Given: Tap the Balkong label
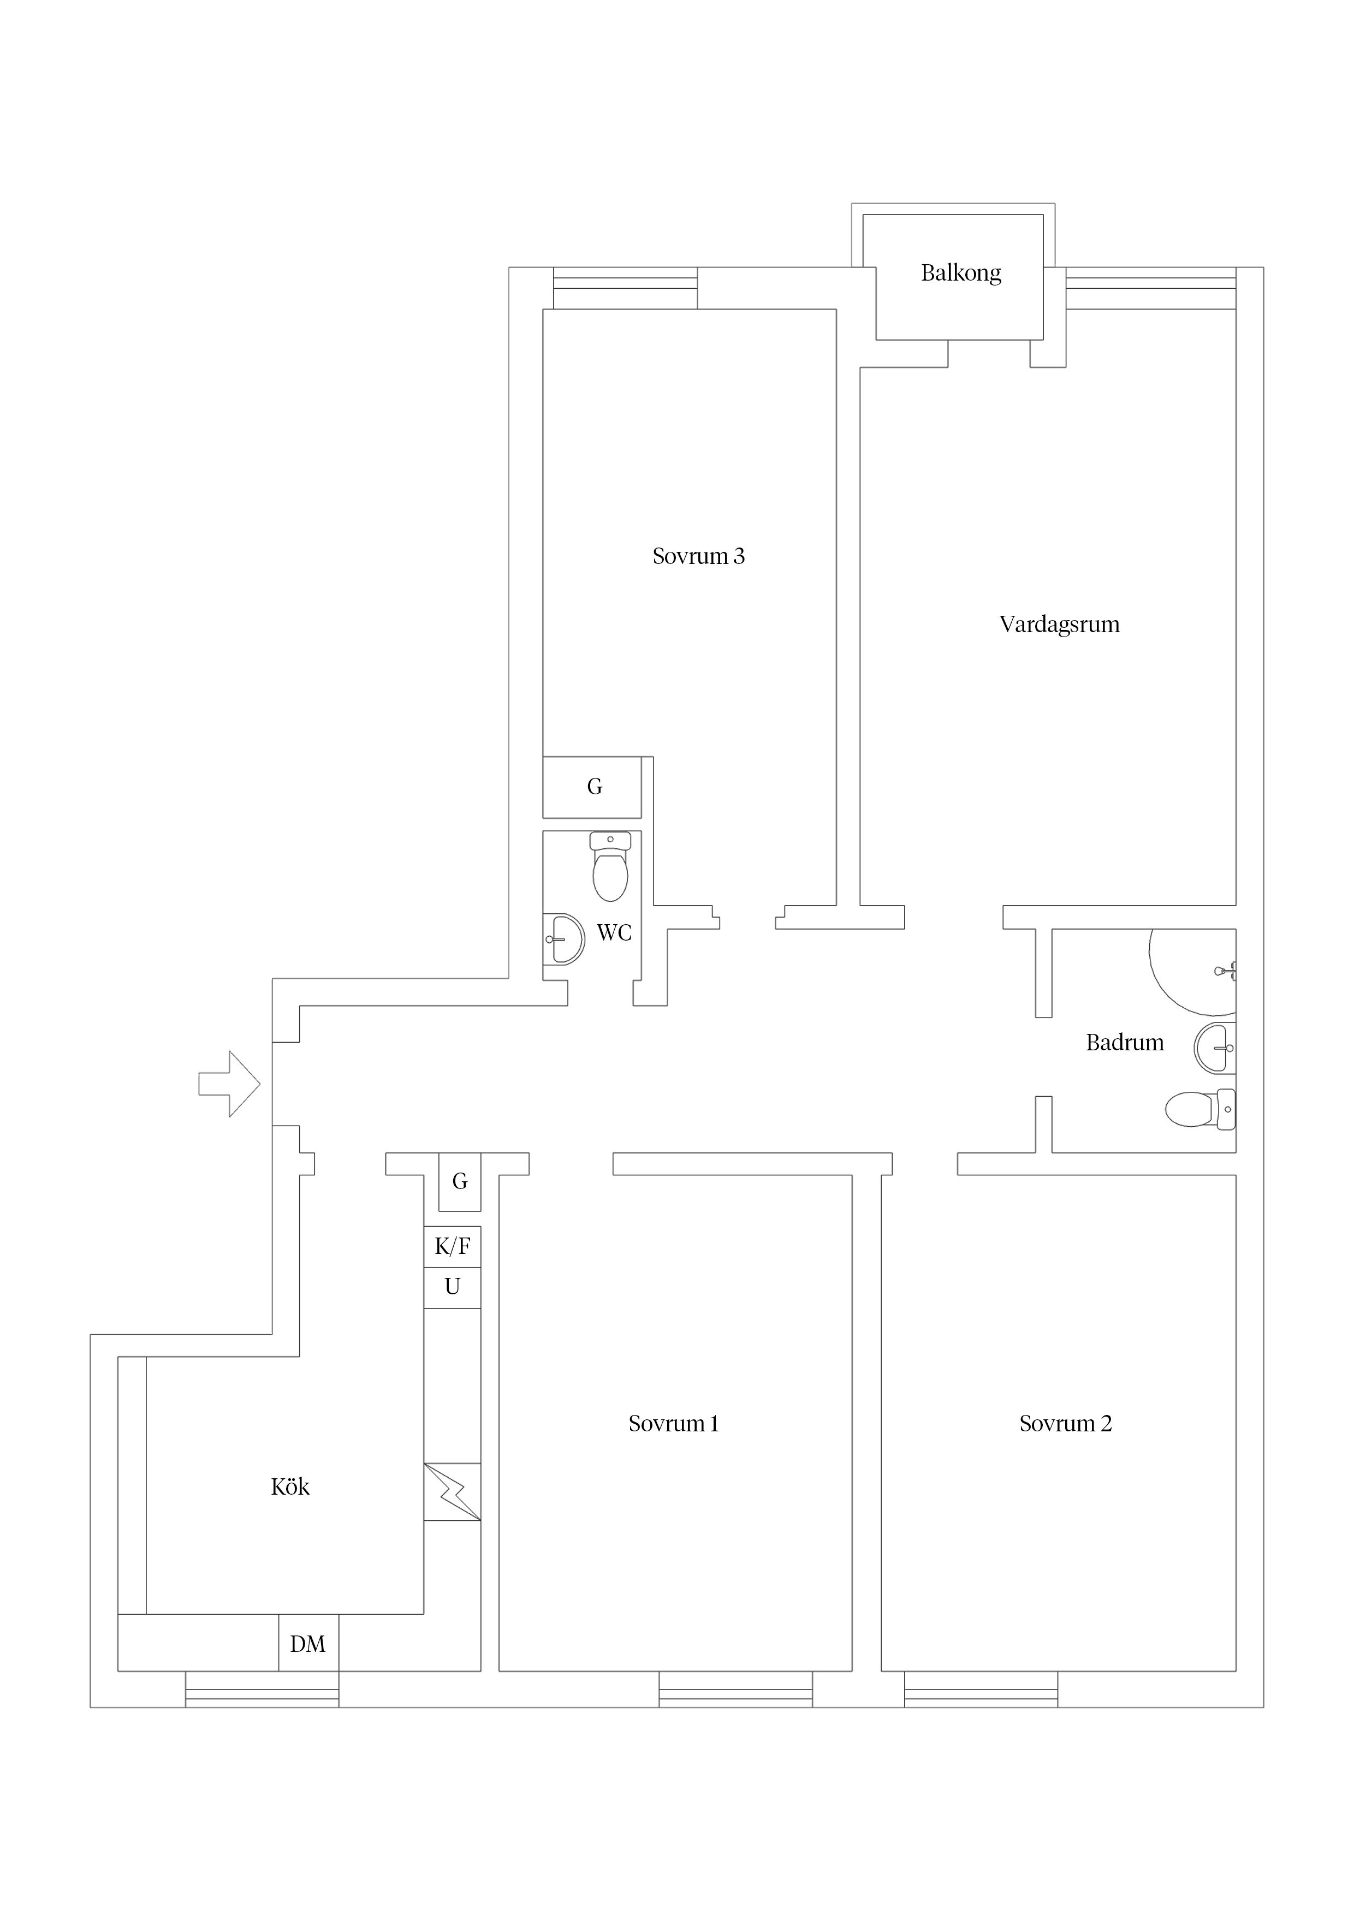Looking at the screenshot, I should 960,273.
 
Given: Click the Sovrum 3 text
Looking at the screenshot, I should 698,556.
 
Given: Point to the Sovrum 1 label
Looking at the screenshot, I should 673,1424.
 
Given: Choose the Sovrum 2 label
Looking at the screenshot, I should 1065,1424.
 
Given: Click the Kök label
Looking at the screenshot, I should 290,1487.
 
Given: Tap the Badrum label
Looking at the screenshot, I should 1125,1043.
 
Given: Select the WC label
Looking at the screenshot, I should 614,932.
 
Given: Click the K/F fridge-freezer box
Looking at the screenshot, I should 452,1247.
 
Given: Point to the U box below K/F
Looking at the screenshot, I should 452,1287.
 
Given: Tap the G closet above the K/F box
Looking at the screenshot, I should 460,1181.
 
